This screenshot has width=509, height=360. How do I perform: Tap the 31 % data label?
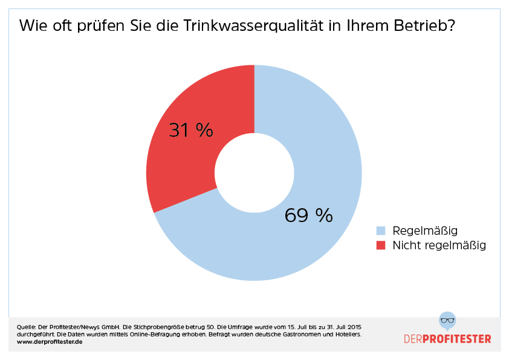coord(191,129)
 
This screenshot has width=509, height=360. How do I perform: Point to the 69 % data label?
coord(309,215)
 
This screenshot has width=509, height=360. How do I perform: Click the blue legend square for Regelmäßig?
coord(381,231)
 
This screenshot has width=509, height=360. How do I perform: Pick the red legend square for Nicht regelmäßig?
coord(381,245)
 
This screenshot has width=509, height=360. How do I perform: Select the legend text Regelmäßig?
coord(425,231)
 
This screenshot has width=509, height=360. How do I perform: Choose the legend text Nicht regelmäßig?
coord(439,245)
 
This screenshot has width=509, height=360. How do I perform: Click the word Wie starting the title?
coord(33,27)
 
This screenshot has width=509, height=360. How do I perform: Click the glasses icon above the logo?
coord(447,320)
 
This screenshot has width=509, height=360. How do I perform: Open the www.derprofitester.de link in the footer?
coord(50,342)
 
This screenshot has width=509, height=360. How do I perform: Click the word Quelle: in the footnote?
coord(27,327)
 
